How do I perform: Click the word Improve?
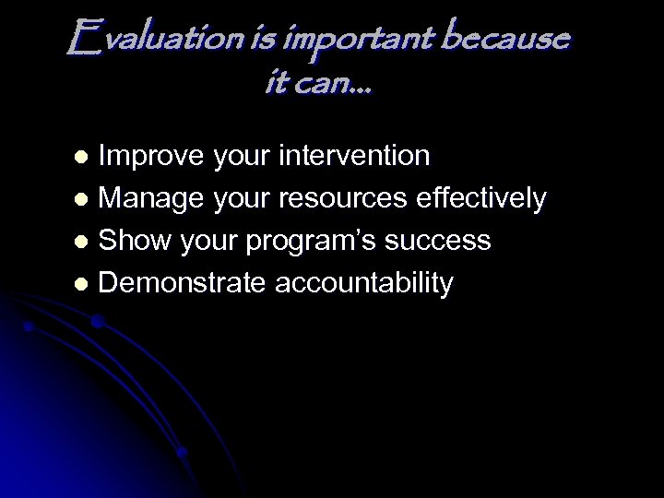(x=151, y=157)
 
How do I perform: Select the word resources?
(x=345, y=198)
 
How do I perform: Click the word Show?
(x=134, y=241)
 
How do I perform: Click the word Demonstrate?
(x=183, y=283)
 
